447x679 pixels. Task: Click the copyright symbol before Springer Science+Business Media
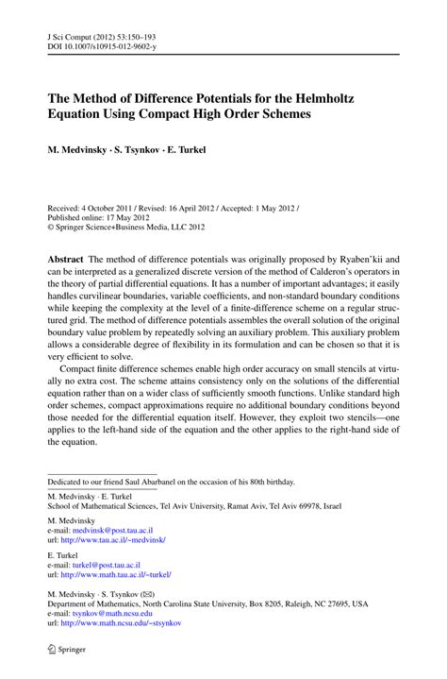(x=52, y=226)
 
